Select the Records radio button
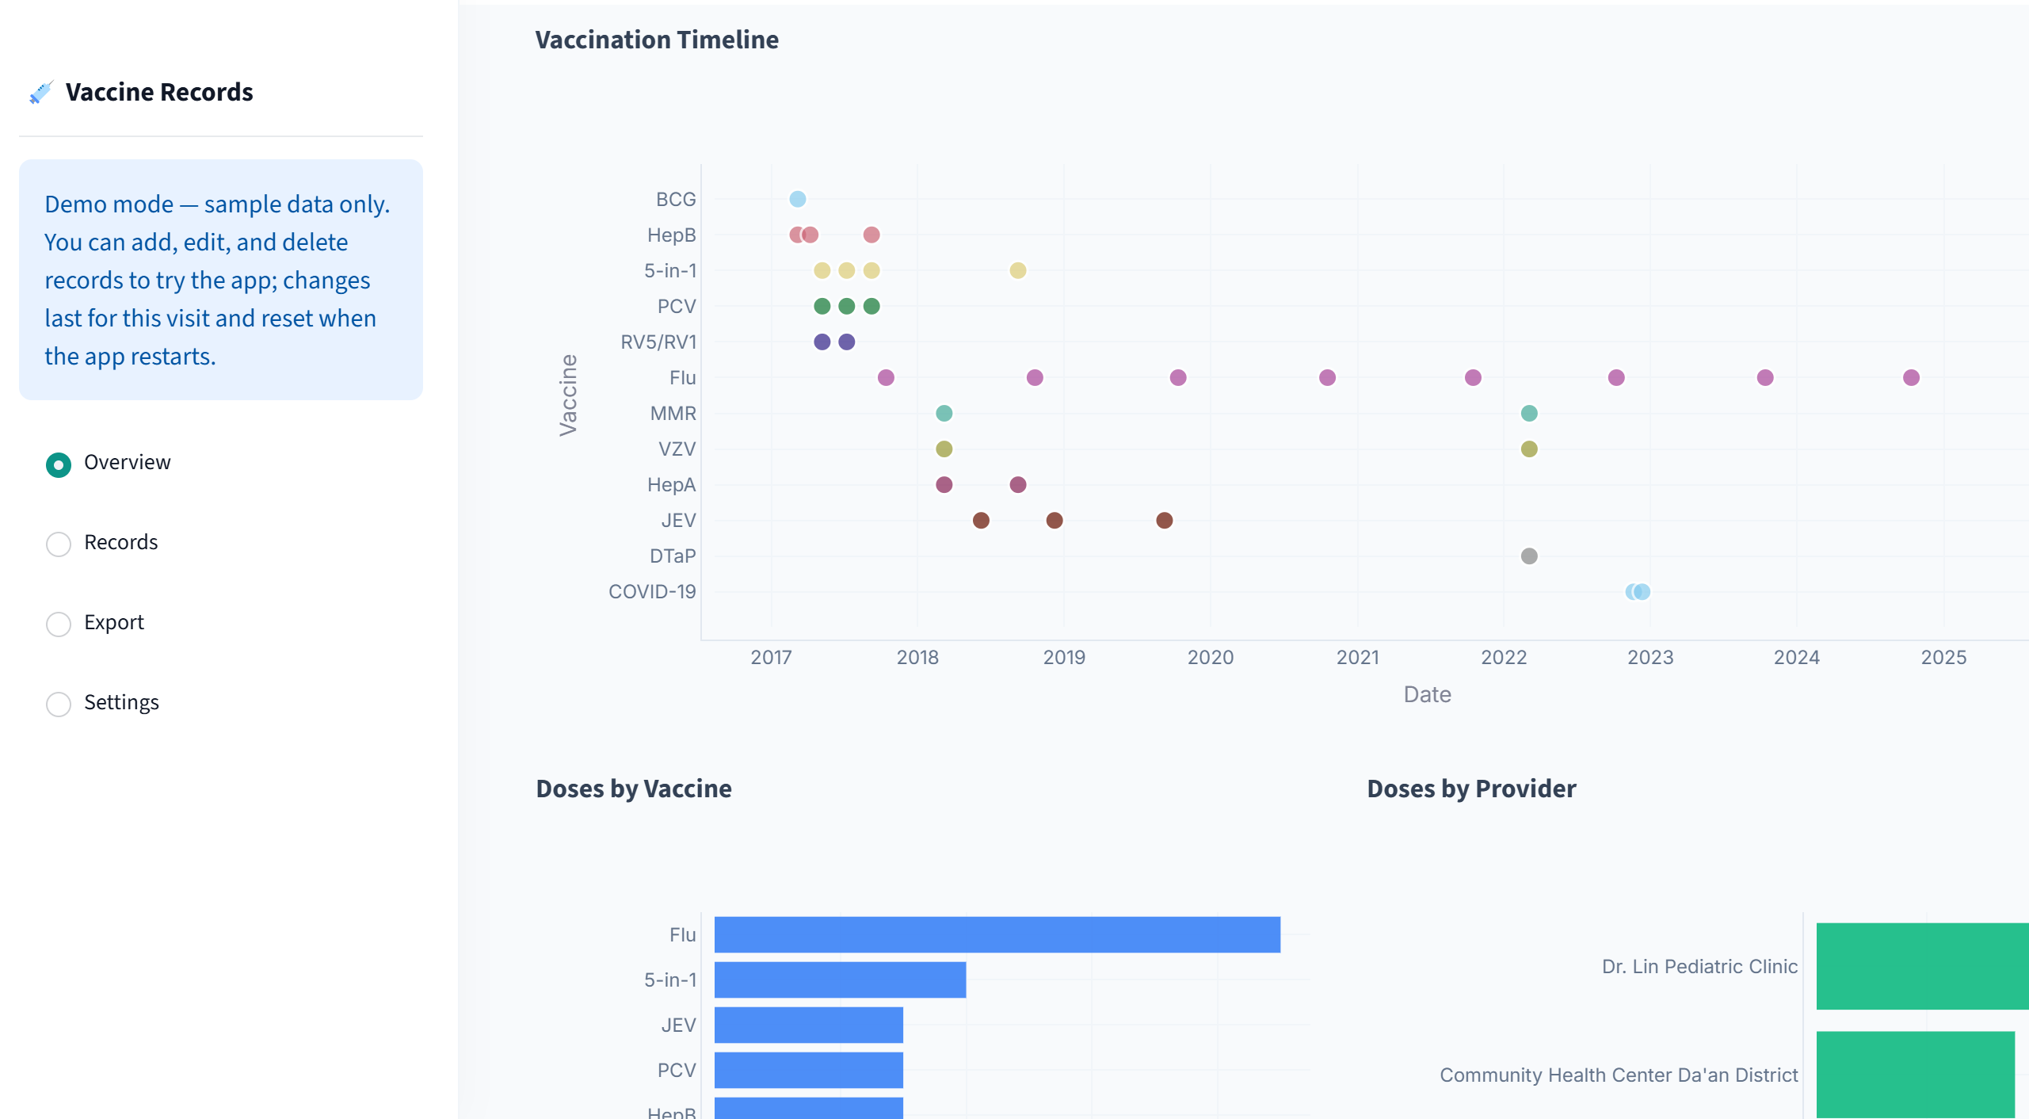(59, 544)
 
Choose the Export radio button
(59, 624)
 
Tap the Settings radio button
(59, 704)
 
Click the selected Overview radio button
(59, 464)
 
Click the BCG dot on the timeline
(798, 199)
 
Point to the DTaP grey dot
(1529, 556)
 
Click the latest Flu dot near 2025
(1911, 377)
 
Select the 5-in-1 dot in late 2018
(1018, 270)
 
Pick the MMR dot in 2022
(1529, 413)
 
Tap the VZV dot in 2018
(944, 449)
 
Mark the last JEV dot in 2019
(1164, 520)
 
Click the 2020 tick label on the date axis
(1211, 657)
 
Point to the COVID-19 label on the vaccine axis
(652, 591)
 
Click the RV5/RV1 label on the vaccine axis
(658, 342)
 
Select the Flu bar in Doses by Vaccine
(997, 934)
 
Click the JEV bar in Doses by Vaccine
(809, 1025)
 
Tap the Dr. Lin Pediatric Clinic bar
(1923, 966)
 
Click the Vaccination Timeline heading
(657, 40)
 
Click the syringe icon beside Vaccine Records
(41, 92)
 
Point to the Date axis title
(1428, 694)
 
